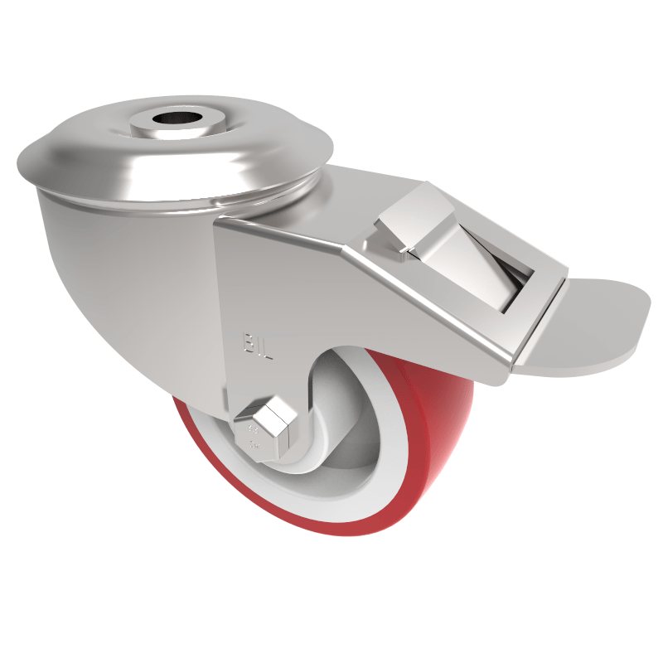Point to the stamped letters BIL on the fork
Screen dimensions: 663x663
[257, 344]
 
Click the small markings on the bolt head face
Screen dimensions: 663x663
[253, 439]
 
